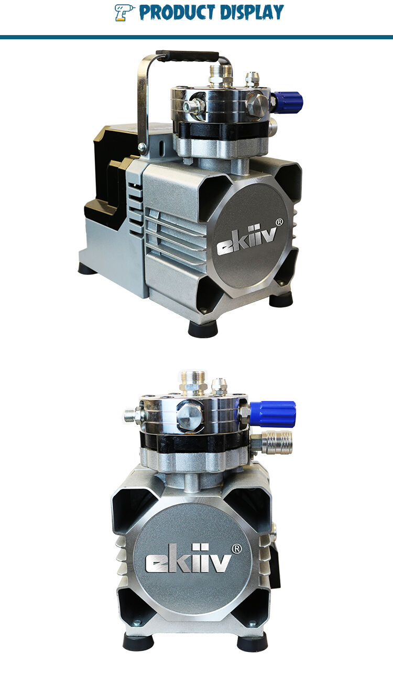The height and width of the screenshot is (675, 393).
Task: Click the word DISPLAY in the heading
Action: [x=252, y=13]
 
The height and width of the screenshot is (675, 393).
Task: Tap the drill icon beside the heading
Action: [x=124, y=13]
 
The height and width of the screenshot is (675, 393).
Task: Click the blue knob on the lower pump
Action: [x=273, y=414]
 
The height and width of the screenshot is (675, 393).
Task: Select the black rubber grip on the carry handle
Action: [x=187, y=56]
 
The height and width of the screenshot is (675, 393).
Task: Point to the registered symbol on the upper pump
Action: [x=279, y=222]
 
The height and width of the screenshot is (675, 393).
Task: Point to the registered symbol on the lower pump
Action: [x=236, y=549]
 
